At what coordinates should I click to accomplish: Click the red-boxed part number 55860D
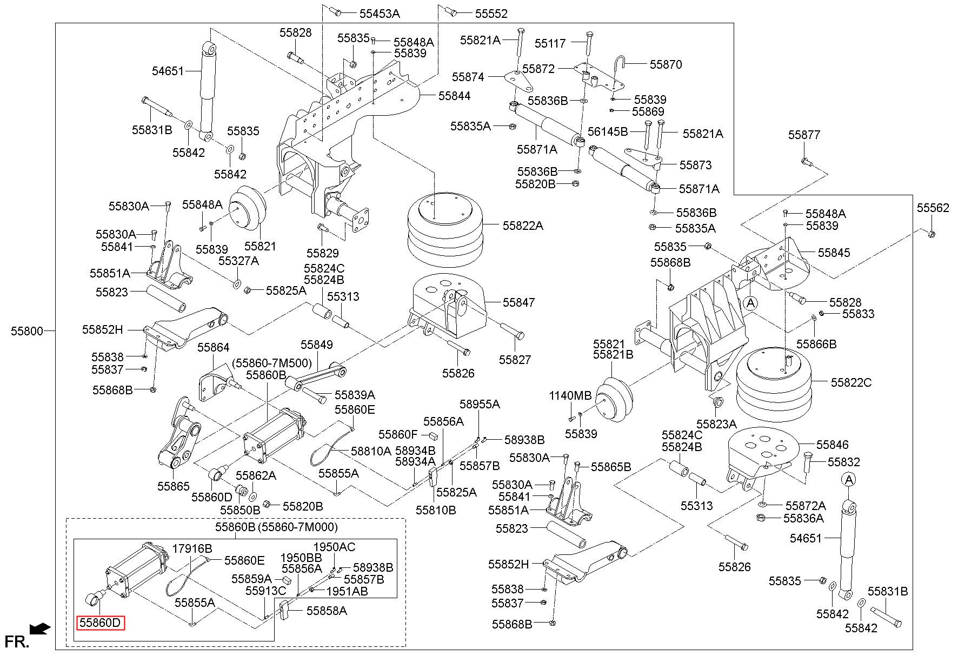pyautogui.click(x=101, y=623)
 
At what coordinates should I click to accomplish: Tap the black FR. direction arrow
pyautogui.click(x=40, y=628)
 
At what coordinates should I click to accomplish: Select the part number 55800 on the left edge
pyautogui.click(x=26, y=330)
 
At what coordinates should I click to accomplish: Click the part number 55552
pyautogui.click(x=491, y=14)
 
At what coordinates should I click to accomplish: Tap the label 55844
pyautogui.click(x=454, y=96)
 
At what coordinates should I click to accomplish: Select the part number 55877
pyautogui.click(x=804, y=135)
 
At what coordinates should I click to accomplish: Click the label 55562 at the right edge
pyautogui.click(x=933, y=208)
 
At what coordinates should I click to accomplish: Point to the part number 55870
pyautogui.click(x=666, y=64)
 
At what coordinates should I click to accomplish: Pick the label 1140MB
pyautogui.click(x=570, y=395)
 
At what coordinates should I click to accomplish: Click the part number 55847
pyautogui.click(x=519, y=302)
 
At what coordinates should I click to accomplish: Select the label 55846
pyautogui.click(x=833, y=445)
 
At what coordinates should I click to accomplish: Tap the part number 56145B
pyautogui.click(x=608, y=131)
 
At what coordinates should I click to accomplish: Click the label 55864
pyautogui.click(x=213, y=347)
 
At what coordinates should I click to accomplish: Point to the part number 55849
pyautogui.click(x=317, y=345)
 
